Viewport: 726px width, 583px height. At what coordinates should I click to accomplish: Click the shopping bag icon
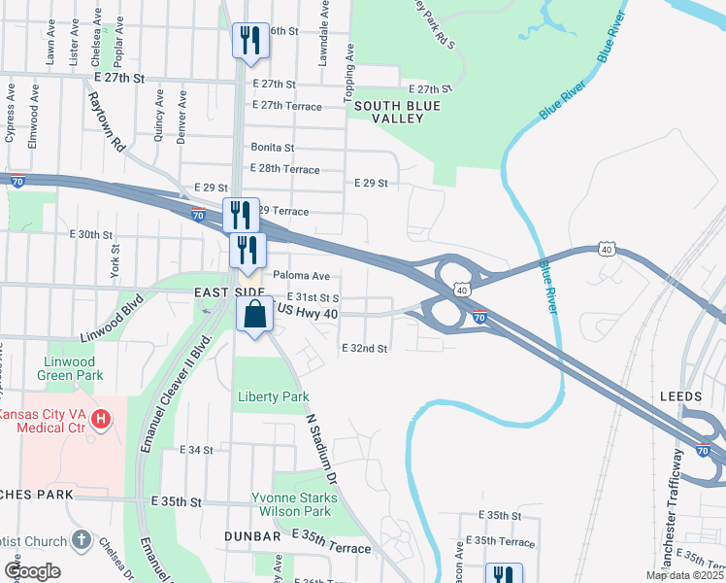(254, 315)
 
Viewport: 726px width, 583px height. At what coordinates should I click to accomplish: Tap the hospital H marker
(101, 420)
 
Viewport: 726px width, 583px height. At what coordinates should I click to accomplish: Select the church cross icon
(82, 541)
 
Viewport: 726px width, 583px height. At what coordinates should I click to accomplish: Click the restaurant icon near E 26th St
(250, 41)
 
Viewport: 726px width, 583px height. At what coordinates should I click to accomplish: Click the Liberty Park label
(274, 396)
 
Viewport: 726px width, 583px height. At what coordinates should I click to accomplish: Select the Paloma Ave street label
(301, 276)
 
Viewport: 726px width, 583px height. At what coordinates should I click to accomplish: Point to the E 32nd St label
(364, 348)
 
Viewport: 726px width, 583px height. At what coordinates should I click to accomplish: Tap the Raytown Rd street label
(106, 121)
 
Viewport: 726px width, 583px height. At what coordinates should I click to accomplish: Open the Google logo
(32, 571)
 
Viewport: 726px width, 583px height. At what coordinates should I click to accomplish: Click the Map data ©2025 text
(683, 575)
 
